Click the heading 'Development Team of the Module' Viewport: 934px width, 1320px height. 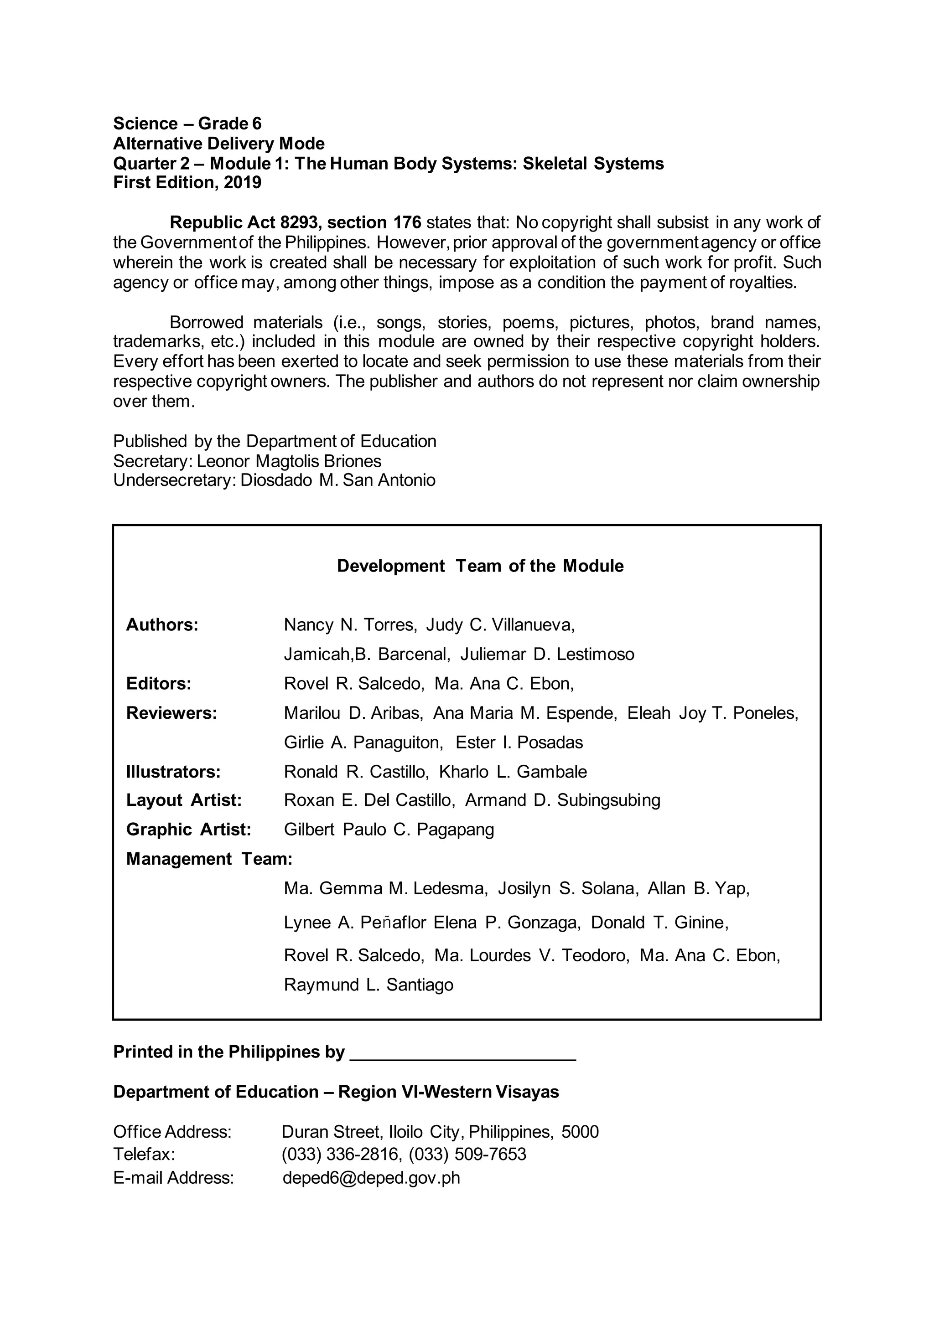point(480,566)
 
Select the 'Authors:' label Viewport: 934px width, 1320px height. point(162,625)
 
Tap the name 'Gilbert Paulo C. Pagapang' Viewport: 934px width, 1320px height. point(389,830)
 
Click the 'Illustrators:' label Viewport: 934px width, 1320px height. point(173,772)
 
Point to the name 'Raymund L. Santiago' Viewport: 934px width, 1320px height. point(368,985)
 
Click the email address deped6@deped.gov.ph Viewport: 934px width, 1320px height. point(371,1178)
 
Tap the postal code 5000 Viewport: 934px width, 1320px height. point(580,1132)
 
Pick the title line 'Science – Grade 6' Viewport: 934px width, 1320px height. point(187,124)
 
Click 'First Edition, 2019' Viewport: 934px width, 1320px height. point(187,183)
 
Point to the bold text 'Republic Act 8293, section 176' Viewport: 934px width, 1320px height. point(296,222)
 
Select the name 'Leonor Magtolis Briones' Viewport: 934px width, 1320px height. point(289,461)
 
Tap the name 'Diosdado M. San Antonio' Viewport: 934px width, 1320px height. point(337,480)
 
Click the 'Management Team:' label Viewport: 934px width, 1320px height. point(209,859)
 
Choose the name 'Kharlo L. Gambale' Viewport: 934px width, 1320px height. point(513,772)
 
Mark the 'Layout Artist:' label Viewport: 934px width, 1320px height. point(183,800)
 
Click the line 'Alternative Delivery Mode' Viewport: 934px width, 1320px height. point(218,144)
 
